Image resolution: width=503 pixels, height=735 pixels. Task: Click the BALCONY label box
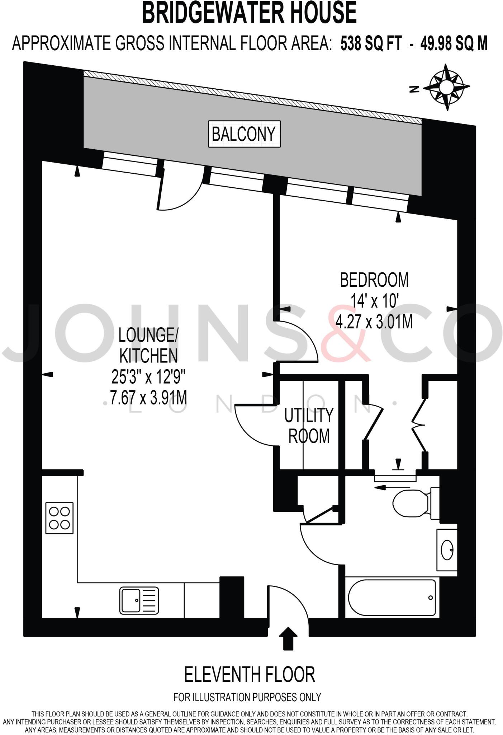244,134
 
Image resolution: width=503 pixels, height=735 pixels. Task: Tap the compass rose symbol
446,87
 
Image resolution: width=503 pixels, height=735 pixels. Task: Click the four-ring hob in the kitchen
60,518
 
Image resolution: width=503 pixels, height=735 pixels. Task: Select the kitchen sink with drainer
139,600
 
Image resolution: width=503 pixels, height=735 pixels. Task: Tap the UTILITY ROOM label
309,426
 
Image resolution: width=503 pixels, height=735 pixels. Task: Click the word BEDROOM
374,280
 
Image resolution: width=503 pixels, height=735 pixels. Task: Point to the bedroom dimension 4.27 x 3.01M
374,322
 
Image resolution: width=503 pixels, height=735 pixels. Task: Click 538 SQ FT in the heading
371,44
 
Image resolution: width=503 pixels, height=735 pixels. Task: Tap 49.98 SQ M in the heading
454,44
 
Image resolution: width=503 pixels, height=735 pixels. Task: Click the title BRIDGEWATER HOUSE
250,13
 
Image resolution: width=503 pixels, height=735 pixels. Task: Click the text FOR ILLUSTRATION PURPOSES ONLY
247,697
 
